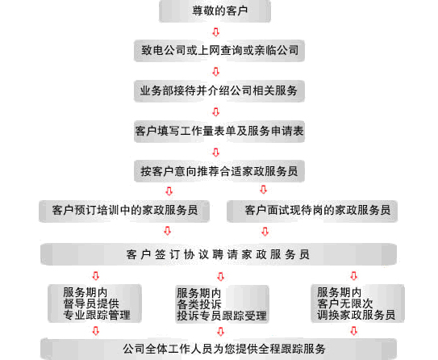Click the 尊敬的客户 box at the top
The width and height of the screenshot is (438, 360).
215,11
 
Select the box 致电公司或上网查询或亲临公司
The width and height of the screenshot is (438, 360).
219,51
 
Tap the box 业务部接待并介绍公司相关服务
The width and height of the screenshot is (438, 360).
219,91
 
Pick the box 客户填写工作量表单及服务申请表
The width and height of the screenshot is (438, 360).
219,131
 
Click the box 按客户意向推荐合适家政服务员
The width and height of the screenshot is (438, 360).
219,171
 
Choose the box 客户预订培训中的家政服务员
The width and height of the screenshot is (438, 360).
124,211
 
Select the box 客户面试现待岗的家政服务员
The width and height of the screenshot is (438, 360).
312,211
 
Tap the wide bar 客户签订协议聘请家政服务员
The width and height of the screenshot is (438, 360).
219,254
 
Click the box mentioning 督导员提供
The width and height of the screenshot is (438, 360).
94,303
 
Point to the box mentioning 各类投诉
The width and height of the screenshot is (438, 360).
222,304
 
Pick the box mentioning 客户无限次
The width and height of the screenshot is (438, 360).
357,303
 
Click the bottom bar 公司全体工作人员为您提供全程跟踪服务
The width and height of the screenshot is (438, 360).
219,349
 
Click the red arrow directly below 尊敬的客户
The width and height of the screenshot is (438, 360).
215,31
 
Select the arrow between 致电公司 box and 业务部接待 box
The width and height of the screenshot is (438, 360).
215,72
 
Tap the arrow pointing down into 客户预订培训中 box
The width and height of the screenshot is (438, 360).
169,191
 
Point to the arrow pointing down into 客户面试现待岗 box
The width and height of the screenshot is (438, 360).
264,190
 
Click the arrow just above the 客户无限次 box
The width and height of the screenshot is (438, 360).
353,275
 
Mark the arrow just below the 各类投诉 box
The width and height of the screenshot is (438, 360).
221,332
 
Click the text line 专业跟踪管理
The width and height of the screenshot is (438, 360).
97,315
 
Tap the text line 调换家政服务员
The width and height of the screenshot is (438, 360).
357,315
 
